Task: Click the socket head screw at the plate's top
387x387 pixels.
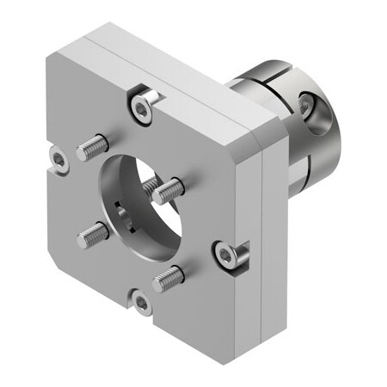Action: pyautogui.click(x=142, y=107)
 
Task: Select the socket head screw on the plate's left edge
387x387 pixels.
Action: pyautogui.click(x=58, y=159)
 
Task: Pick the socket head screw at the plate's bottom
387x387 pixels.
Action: pyautogui.click(x=142, y=303)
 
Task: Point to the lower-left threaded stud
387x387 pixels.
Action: pyautogui.click(x=93, y=234)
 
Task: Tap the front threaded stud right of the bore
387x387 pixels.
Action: pyautogui.click(x=169, y=190)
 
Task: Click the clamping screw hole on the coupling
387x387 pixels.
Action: pyautogui.click(x=307, y=105)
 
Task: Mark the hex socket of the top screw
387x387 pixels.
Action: pyautogui.click(x=142, y=107)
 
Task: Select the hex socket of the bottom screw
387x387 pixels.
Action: pyautogui.click(x=142, y=303)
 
